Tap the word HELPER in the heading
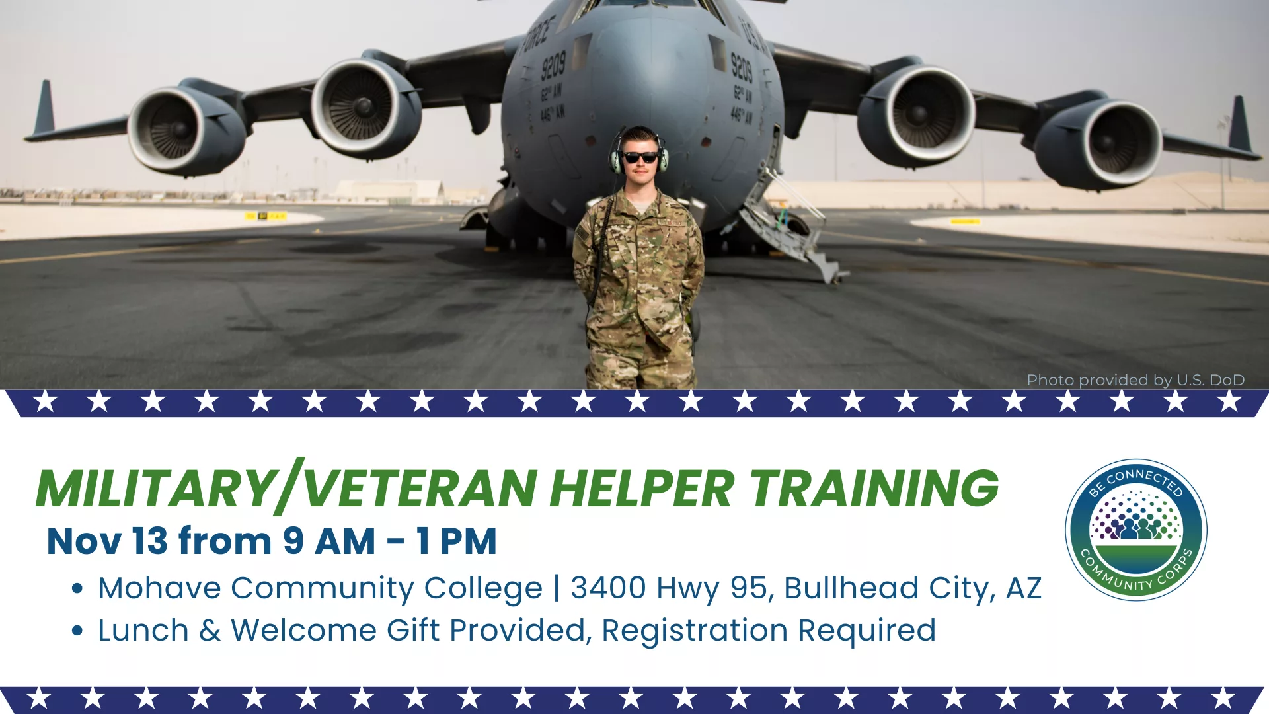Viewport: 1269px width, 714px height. [642, 489]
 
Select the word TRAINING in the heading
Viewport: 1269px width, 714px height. [874, 489]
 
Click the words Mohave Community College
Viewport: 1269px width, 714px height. [321, 588]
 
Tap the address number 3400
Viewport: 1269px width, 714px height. [608, 588]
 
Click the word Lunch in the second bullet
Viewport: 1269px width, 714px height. [143, 631]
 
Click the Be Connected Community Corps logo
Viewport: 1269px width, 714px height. [1136, 530]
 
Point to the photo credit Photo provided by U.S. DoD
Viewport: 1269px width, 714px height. [1135, 380]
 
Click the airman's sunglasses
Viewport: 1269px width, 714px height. [640, 157]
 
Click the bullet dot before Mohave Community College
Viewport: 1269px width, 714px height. [77, 588]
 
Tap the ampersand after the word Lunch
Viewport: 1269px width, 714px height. [210, 631]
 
